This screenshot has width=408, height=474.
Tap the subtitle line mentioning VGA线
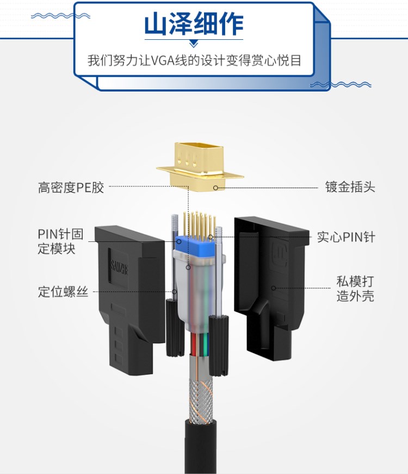(194, 60)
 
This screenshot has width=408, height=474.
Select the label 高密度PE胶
(71, 188)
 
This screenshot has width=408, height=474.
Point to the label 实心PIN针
(346, 238)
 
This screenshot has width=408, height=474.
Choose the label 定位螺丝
(63, 291)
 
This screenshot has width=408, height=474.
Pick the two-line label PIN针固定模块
(60, 241)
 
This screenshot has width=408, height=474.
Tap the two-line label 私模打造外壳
(355, 289)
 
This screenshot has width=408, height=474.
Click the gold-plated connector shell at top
(198, 166)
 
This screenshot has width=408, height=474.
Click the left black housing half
(127, 294)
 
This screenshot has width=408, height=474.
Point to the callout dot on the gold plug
(215, 188)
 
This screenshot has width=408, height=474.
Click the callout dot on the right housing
(274, 287)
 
